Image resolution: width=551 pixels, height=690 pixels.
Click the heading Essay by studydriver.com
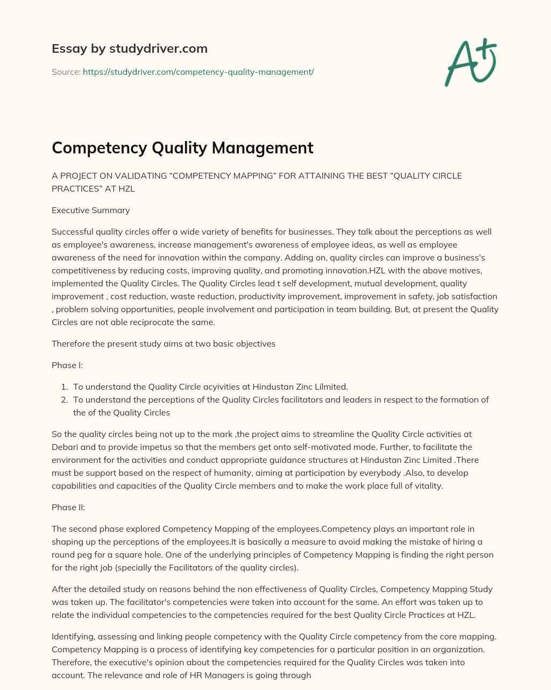click(x=129, y=49)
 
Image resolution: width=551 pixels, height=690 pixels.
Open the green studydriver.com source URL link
click(x=198, y=72)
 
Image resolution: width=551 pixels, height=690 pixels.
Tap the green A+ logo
click(x=470, y=62)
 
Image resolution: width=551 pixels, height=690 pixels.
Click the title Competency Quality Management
click(x=182, y=147)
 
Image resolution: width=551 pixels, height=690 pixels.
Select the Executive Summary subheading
click(x=90, y=210)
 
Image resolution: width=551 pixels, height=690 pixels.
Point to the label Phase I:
click(x=67, y=365)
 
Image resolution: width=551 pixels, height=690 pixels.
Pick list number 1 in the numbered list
click(x=63, y=387)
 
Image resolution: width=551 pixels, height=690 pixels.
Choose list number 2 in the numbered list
click(x=63, y=400)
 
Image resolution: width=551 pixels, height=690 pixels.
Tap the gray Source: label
click(x=66, y=72)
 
